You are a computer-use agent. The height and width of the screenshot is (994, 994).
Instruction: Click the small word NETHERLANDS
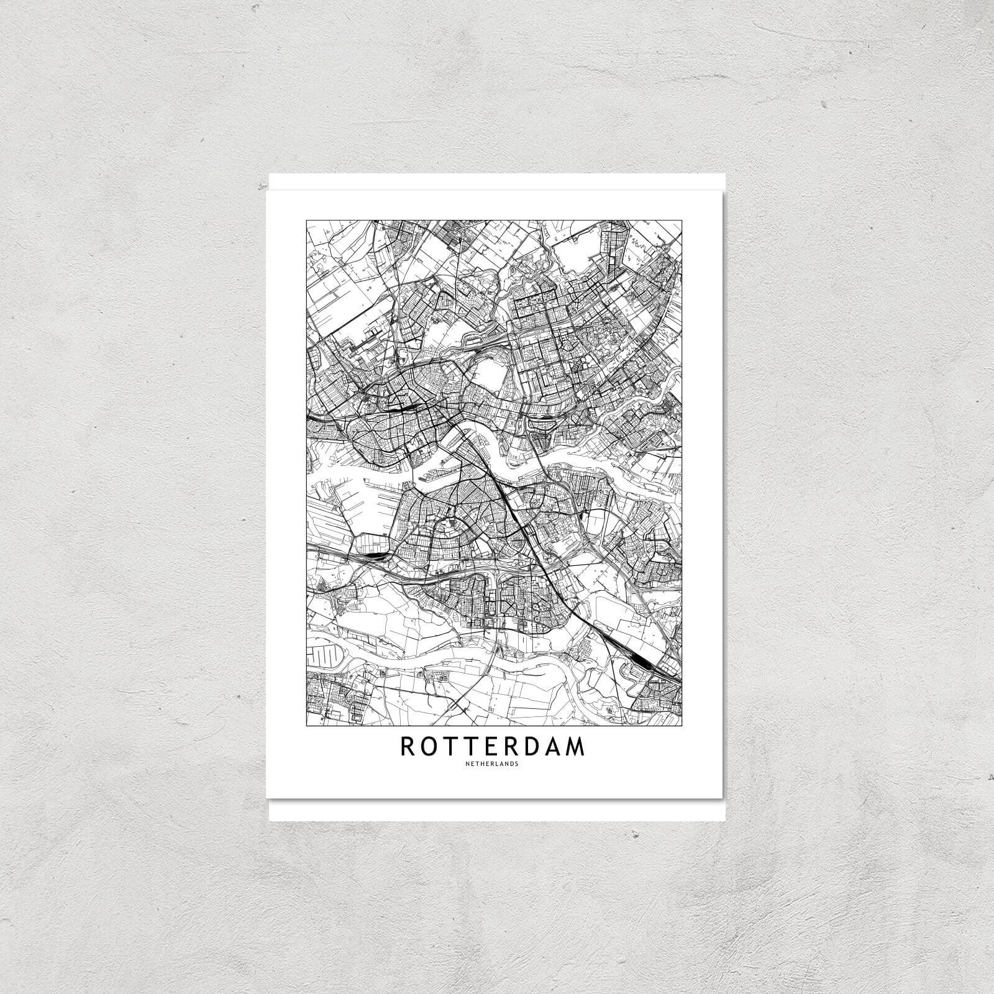pyautogui.click(x=494, y=764)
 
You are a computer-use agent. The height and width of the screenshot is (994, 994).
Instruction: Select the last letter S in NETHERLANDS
pyautogui.click(x=517, y=764)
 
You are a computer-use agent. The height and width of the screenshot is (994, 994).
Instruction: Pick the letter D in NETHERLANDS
pyautogui.click(x=513, y=764)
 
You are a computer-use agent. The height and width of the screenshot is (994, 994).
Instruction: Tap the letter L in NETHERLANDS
pyautogui.click(x=499, y=764)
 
